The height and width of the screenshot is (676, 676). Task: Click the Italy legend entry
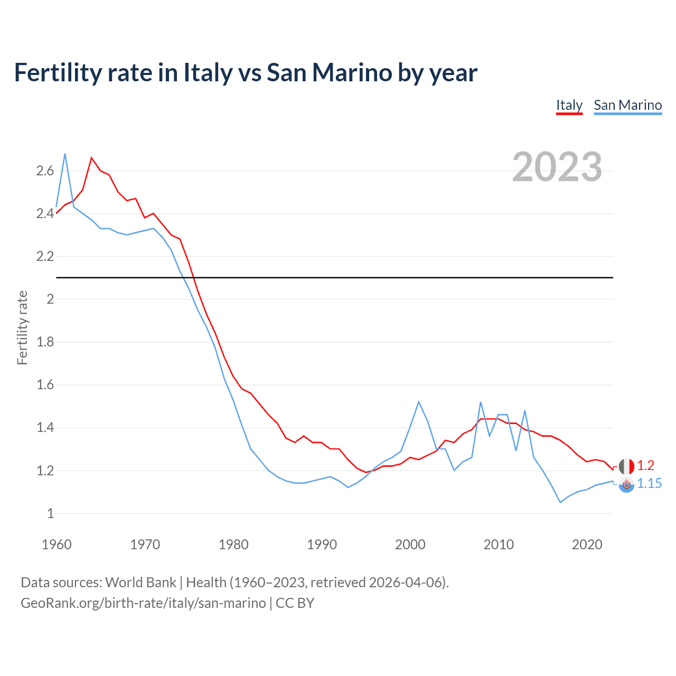pos(569,105)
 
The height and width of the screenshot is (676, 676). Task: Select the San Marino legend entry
pos(627,105)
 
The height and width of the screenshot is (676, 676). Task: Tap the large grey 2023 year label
pos(557,167)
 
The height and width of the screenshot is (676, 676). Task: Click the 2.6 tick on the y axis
pos(45,171)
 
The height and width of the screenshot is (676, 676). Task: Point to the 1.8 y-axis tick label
pos(45,342)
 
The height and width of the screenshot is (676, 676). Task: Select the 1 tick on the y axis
pos(50,513)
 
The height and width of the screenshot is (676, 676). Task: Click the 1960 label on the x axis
pos(57,544)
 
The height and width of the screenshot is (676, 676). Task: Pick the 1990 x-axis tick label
pos(322,544)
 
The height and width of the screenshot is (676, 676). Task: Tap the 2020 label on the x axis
pos(587,544)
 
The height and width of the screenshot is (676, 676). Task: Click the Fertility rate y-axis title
pos(22,327)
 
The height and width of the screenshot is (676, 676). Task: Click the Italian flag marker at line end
pos(626,466)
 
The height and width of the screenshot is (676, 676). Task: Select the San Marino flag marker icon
pos(626,484)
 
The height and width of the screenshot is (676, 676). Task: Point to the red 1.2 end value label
pos(645,465)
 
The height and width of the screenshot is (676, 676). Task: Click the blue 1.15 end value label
pos(649,483)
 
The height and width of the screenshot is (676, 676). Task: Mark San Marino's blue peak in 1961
pos(65,154)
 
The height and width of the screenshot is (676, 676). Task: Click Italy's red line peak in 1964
pos(91,157)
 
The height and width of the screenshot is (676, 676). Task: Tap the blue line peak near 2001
pos(419,401)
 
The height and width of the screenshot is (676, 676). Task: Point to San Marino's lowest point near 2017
pos(560,502)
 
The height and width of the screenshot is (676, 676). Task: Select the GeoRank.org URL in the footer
pos(143,603)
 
